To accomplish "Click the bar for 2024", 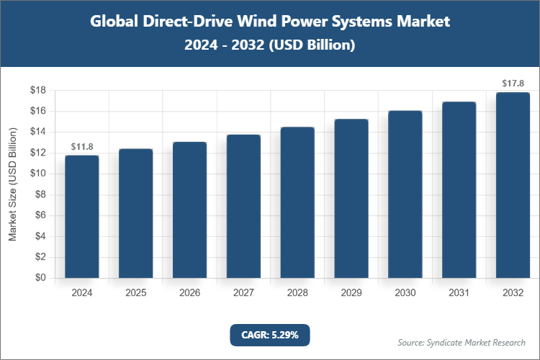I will tap(81, 216).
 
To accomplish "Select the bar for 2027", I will tap(243, 206).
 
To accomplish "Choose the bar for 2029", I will tap(351, 198).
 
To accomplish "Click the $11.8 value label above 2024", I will tap(81, 147).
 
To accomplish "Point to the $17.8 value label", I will tap(513, 84).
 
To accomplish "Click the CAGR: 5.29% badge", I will tap(270, 335).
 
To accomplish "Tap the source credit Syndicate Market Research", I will tap(462, 342).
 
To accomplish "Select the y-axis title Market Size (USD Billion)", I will tap(12, 184).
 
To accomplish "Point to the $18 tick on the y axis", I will tap(38, 91).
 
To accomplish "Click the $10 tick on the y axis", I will tap(38, 174).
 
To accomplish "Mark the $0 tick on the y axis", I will tap(41, 278).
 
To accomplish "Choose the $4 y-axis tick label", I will tap(41, 236).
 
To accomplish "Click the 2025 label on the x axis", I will tap(135, 293).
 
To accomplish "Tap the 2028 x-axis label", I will tap(297, 293).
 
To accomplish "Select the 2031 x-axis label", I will tap(459, 293).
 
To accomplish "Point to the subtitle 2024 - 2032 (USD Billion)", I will tap(270, 45).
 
